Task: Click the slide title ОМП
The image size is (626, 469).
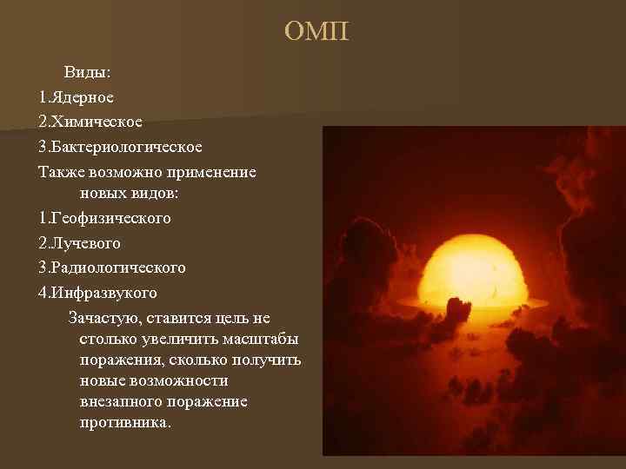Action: [316, 33]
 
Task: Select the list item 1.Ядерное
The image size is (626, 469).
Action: [76, 98]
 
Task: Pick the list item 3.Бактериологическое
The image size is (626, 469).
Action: [120, 147]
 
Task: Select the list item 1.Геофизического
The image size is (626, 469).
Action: [104, 218]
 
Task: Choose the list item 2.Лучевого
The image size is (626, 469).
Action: [79, 242]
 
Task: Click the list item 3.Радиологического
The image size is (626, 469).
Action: [112, 267]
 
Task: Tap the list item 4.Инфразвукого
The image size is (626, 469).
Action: [97, 291]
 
